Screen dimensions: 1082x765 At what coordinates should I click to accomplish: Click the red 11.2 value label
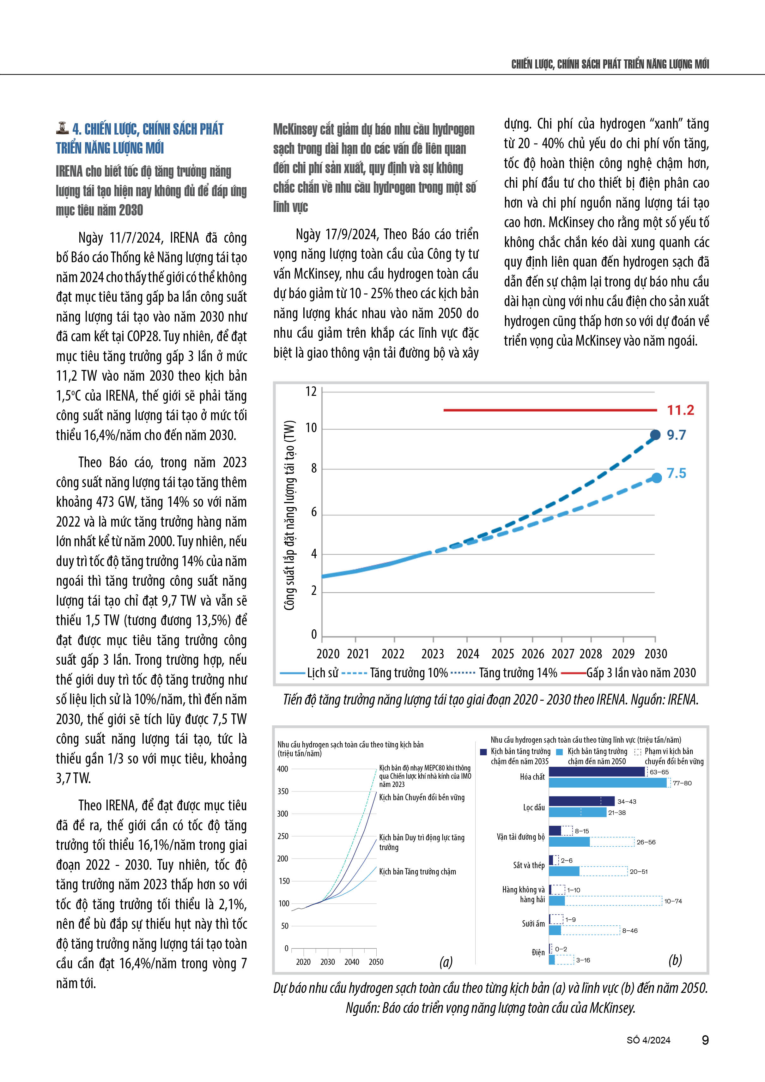680,410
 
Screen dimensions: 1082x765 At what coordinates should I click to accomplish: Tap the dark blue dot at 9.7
655,435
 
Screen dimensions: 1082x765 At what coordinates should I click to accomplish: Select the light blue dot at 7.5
657,478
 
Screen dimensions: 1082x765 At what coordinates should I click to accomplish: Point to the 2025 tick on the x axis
502,654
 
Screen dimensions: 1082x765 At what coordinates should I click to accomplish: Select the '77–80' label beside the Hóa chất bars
682,783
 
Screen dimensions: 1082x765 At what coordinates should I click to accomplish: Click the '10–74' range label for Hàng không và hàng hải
673,901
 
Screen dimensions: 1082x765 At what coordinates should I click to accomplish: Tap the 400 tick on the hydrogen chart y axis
283,769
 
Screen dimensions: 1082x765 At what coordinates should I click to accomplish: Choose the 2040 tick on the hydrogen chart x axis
352,962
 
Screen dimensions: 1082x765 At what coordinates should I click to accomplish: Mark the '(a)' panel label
446,961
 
